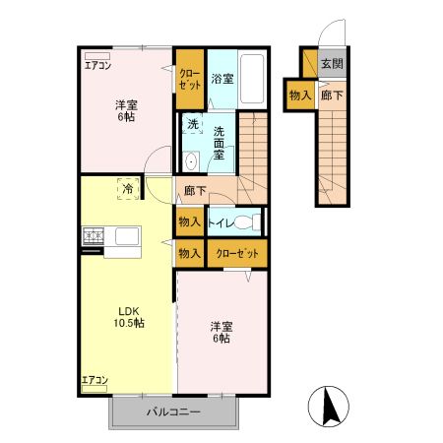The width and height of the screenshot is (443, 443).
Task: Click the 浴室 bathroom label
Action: [x=221, y=78]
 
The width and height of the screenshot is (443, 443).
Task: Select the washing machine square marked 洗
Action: [x=193, y=126]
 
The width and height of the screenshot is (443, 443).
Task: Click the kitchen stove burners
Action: [x=95, y=236]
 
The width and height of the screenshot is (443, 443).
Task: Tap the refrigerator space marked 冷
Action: [x=127, y=186]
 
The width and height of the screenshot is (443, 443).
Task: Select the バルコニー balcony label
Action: [x=173, y=412]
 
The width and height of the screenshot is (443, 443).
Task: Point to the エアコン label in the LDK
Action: [x=95, y=379]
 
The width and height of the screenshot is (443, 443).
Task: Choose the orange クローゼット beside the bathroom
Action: [x=190, y=79]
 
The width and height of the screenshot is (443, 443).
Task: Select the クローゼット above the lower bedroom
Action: [x=236, y=253]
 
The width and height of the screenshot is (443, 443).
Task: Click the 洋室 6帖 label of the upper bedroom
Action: [x=124, y=109]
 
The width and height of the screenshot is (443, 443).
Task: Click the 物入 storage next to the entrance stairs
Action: [x=299, y=95]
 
